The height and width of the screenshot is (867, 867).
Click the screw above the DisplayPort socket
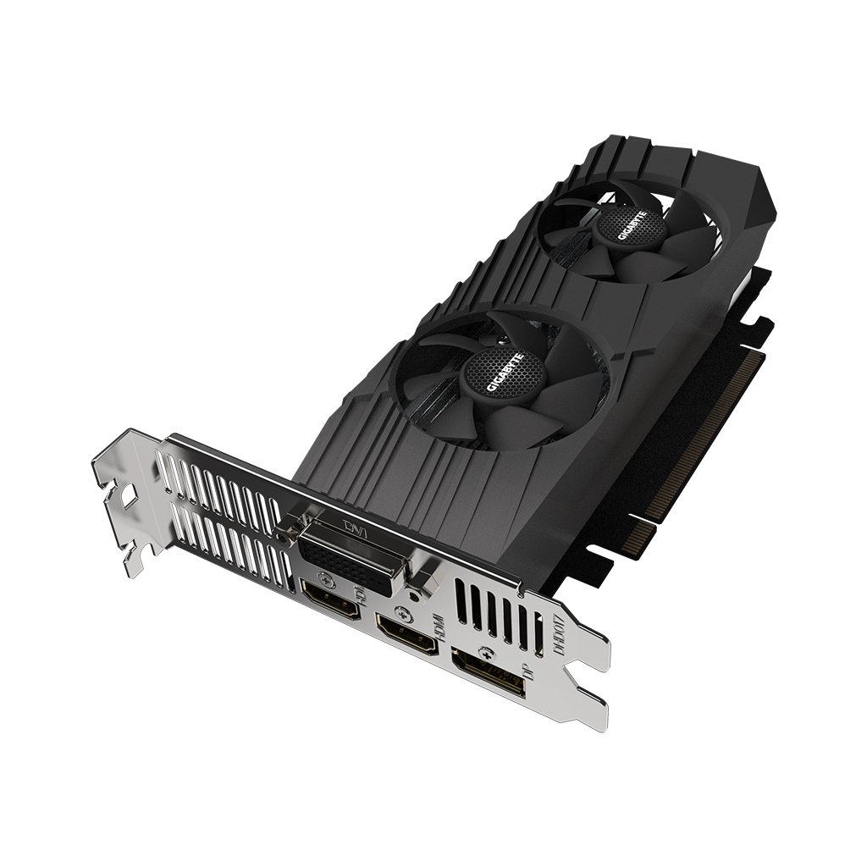point(485,652)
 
